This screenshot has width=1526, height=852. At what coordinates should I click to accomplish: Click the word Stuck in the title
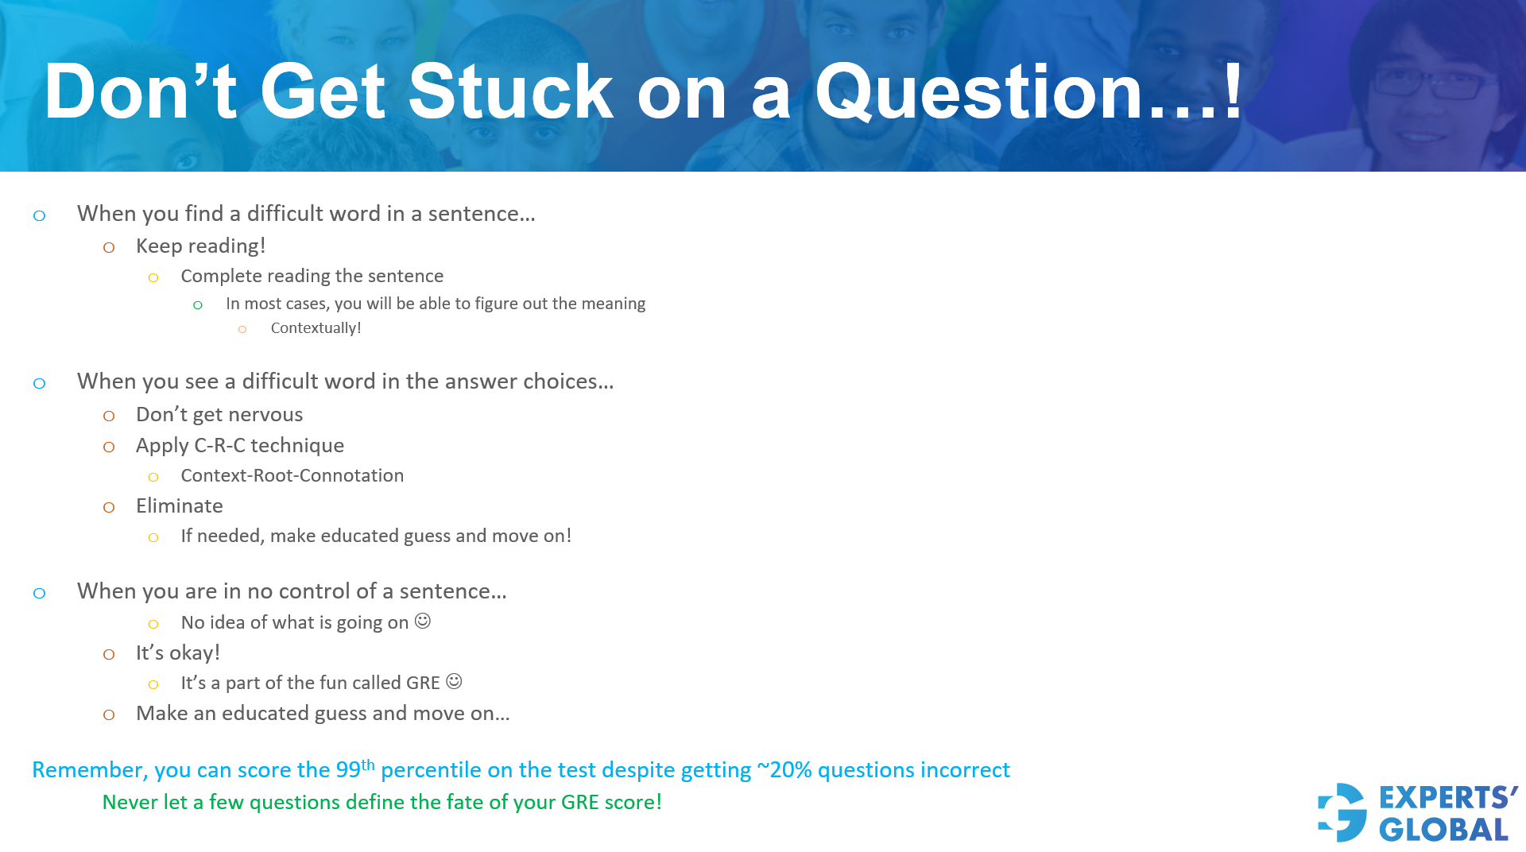coord(509,92)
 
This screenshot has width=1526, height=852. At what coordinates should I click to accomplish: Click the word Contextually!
coord(316,328)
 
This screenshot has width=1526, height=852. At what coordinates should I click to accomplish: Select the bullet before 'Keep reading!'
coord(109,248)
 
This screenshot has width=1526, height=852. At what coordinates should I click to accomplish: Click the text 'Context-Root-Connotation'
coord(292,475)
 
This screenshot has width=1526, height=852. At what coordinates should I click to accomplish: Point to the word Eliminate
coord(179,506)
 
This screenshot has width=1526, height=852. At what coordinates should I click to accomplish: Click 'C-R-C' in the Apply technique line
coord(219,446)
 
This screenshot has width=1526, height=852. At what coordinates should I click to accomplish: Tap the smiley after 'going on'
coord(423,621)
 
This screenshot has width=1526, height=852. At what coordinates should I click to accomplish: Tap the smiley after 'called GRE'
coord(454,681)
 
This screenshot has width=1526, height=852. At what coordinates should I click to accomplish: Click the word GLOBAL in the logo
coord(1443,830)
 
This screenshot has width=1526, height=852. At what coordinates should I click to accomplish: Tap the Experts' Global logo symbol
coord(1342,812)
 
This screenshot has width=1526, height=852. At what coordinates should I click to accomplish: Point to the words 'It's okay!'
coord(177,653)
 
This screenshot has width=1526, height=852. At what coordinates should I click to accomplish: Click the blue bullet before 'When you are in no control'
coord(39,593)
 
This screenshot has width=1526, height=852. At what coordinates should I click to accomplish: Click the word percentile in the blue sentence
coord(431,770)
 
